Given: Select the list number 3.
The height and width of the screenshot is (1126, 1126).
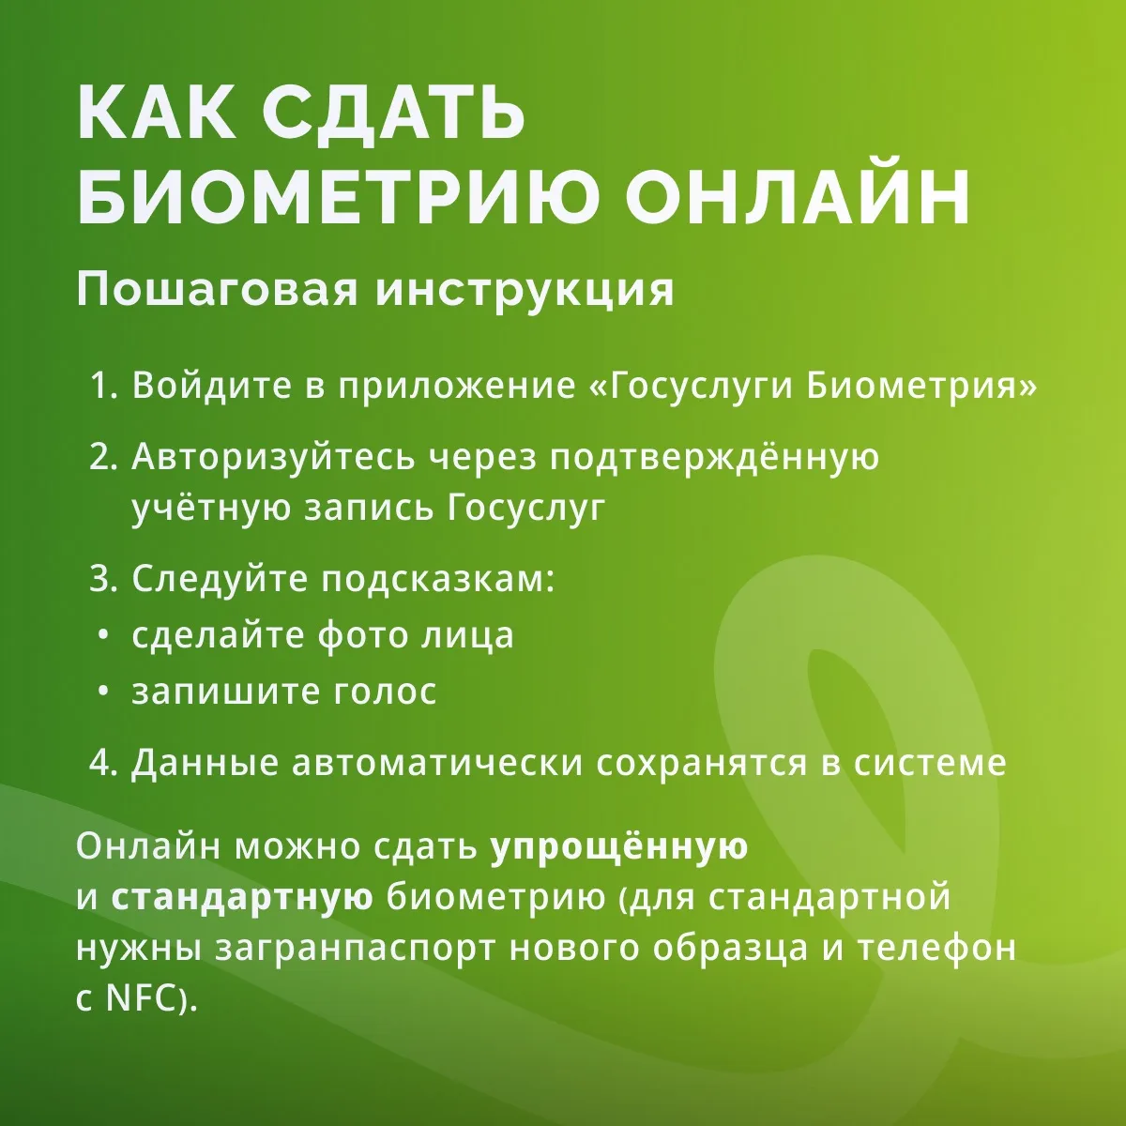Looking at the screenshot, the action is click(103, 579).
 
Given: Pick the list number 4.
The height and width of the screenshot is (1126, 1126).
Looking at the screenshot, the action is click(103, 763).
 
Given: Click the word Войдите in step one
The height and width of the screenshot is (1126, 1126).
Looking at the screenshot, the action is click(212, 387).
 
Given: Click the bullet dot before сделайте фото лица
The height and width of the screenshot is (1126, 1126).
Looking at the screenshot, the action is click(103, 636).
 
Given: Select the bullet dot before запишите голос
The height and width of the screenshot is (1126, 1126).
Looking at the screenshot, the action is click(103, 692).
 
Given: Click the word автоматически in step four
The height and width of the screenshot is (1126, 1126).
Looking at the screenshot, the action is click(438, 764).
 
